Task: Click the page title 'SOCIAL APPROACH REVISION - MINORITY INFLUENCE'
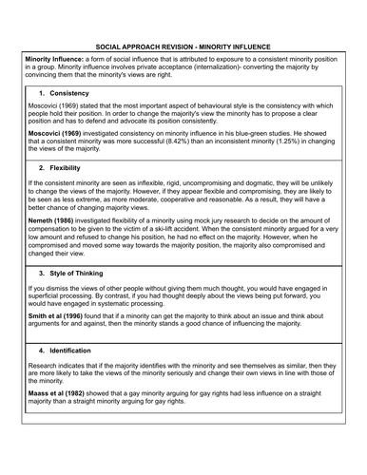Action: click(183, 46)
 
